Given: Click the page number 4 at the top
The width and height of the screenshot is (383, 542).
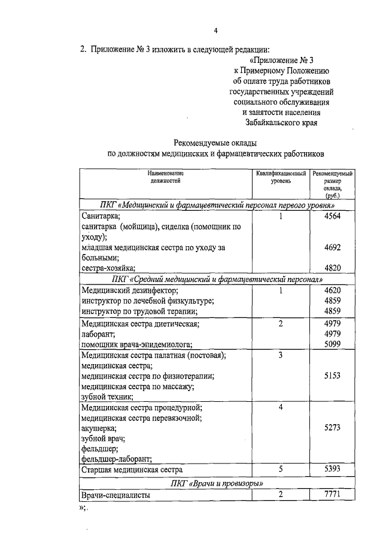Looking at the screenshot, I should click(215, 31).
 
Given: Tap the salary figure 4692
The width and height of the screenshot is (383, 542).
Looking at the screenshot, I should click(332, 247).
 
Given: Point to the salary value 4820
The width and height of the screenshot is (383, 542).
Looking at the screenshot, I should click(332, 268).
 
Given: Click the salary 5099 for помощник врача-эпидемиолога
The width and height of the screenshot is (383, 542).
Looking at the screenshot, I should click(332, 344).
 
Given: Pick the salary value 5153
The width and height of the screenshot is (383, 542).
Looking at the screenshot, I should click(332, 376).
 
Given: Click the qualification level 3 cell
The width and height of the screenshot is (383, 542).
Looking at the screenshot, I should click(280, 355).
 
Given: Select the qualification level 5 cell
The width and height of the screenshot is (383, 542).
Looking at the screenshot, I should click(280, 470).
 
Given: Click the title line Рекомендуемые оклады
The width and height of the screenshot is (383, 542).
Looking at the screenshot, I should click(216, 143).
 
